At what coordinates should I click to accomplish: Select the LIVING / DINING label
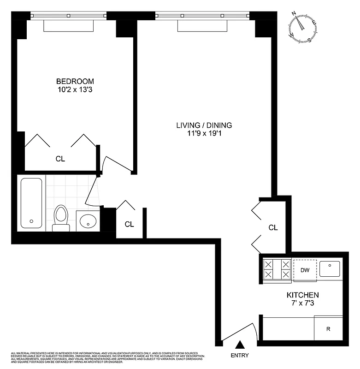coord(204,125)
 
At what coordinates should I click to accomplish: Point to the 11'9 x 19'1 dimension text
coord(204,134)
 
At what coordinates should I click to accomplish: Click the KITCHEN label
coord(302,295)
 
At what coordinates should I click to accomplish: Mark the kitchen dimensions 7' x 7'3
coord(302,303)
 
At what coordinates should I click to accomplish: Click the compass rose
coord(302,27)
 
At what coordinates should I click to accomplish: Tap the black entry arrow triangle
coord(240,344)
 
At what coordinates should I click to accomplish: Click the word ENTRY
coord(240,355)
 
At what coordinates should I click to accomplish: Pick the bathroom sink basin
coord(88,221)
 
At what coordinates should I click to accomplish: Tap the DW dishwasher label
coord(304,270)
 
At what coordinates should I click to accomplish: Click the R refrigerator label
coord(328,329)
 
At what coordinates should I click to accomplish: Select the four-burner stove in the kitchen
coord(277,269)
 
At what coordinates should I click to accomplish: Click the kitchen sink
coord(330,268)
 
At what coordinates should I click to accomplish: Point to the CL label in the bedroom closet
coord(60,159)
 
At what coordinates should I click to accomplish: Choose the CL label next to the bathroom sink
coord(130,224)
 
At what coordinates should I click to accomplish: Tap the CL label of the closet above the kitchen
coord(273,227)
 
